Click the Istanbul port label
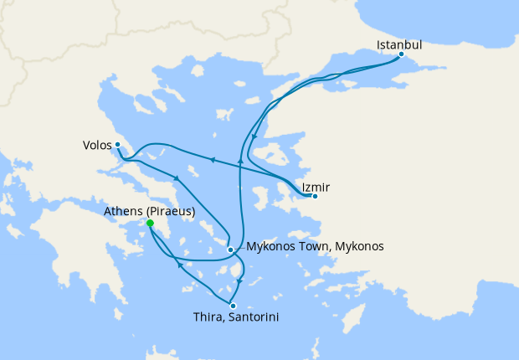(398, 44)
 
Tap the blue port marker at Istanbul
(401, 54)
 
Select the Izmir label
(315, 186)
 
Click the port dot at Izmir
(314, 197)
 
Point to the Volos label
(97, 144)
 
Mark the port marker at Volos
(118, 144)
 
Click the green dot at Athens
(150, 224)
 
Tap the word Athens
(123, 212)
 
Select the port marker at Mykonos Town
(230, 249)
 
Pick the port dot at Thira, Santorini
(233, 306)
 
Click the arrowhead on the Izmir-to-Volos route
(213, 160)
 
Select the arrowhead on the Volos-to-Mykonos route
(177, 178)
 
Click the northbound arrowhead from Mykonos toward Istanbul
(241, 158)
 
